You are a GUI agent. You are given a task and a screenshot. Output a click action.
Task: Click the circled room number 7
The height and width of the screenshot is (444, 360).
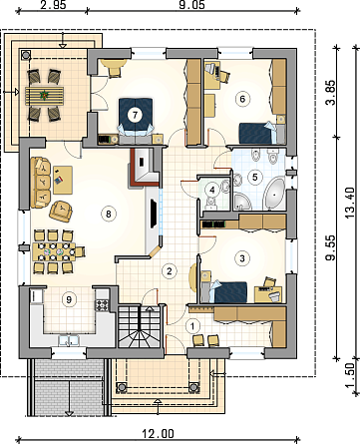coord(135,115)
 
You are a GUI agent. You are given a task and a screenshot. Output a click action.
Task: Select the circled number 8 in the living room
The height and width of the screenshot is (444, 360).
coord(108,214)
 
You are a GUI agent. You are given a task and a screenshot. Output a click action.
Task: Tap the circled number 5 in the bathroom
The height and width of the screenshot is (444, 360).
coord(254,177)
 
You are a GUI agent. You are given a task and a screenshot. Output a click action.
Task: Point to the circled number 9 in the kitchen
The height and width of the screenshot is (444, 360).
coord(69,300)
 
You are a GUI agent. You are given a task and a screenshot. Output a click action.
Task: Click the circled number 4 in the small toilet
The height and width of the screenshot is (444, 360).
coord(211,191)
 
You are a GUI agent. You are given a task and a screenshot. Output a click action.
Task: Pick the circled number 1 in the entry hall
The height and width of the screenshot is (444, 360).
coord(192,326)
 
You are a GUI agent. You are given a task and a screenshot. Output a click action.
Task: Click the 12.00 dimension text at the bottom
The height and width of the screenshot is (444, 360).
coord(159,434)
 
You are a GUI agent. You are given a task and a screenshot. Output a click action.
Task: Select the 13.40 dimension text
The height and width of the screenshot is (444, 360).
coord(351,203)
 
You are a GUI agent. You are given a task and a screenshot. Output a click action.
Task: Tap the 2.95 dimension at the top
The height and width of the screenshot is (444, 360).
coord(52,5)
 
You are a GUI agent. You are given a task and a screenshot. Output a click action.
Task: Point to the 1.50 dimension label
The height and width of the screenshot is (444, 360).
coord(350,375)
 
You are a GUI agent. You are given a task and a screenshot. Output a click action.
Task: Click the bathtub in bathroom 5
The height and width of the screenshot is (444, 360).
coord(274,195)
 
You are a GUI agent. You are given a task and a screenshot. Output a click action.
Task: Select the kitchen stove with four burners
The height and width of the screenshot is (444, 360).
coord(102,305)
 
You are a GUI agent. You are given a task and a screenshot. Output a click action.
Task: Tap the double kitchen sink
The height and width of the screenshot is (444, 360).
coord(69,340)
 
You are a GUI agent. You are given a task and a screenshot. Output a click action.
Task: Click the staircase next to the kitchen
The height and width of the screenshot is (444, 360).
coord(140,326)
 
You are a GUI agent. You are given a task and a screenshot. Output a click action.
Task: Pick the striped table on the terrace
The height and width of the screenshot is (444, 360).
coord(44,96)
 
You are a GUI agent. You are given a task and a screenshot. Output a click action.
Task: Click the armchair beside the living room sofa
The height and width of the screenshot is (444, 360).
coord(61,211)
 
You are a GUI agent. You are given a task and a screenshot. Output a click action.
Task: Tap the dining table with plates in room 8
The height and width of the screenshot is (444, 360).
coord(54,251)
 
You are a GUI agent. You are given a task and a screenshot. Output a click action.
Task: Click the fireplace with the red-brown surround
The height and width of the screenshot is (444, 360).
coord(146,166)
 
